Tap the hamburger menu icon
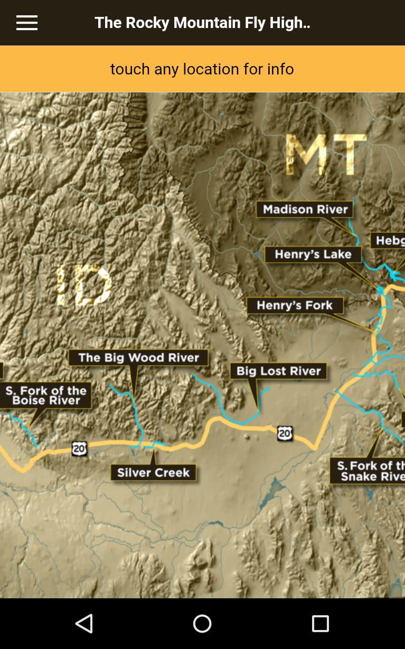point(26,23)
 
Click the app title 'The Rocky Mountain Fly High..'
point(202,23)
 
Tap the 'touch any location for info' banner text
point(202,69)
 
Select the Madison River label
point(305,210)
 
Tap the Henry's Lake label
point(313,255)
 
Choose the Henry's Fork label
point(295,305)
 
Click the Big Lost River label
point(278,371)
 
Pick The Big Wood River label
point(138,358)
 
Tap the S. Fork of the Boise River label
point(46,396)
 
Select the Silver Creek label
point(153,473)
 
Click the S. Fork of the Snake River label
point(370,471)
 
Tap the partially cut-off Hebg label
point(390,241)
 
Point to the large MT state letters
point(326,155)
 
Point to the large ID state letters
point(84,285)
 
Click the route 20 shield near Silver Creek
point(79,449)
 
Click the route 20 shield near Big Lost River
point(285,434)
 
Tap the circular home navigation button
point(202,624)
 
